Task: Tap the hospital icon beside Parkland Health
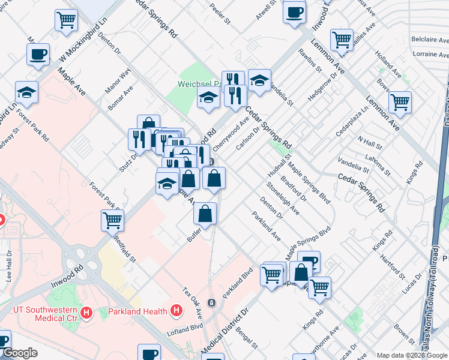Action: pyautogui.click(x=176, y=311)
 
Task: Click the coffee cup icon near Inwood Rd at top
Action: pyautogui.click(x=294, y=13)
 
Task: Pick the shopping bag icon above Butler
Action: pyautogui.click(x=205, y=213)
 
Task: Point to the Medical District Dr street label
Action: pyautogui.click(x=224, y=329)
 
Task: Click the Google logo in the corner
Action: pyautogui.click(x=20, y=353)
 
